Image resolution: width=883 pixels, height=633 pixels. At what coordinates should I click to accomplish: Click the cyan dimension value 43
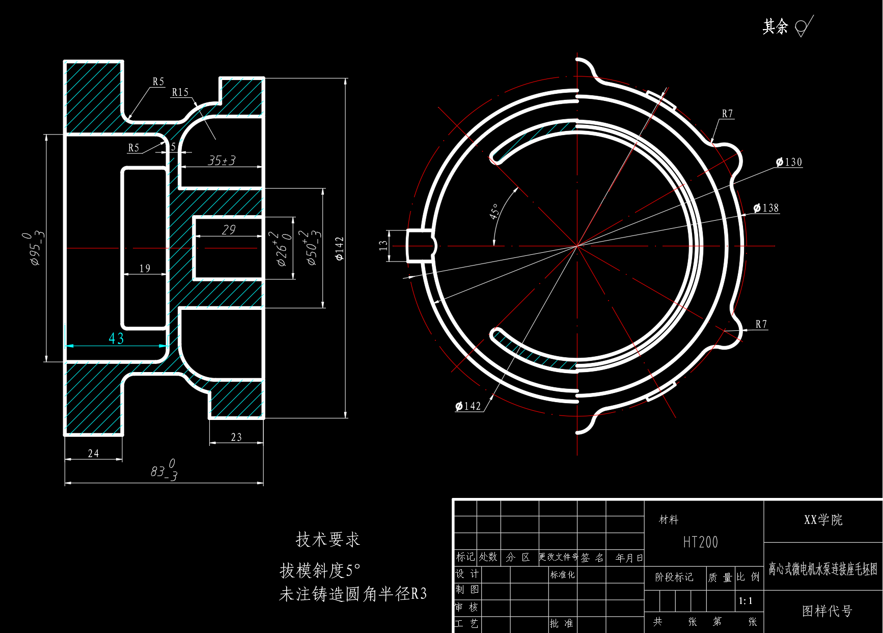[x=116, y=338]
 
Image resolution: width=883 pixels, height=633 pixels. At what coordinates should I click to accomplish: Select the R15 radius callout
[x=180, y=92]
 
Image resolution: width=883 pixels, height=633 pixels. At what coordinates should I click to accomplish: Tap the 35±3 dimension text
[x=222, y=161]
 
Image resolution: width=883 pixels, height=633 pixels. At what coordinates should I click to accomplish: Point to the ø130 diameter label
[x=789, y=162]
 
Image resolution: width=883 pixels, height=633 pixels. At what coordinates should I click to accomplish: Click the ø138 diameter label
[x=766, y=208]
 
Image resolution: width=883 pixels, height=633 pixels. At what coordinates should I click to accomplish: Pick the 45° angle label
[x=494, y=212]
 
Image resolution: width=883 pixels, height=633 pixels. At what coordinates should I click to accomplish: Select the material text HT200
[x=700, y=542]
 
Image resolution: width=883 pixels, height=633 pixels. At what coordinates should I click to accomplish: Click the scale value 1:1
[x=746, y=601]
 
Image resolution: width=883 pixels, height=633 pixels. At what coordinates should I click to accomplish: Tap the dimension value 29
[x=229, y=230]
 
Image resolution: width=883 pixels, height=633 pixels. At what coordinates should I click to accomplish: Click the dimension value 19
[x=145, y=268]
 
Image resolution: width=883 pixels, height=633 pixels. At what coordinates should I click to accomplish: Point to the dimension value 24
[x=93, y=453]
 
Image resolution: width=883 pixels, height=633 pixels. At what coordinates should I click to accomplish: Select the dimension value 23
[x=236, y=437]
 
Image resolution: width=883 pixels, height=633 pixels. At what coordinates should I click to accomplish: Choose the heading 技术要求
[x=328, y=539]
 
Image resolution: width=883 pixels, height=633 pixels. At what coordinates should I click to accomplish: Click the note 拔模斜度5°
[x=320, y=570]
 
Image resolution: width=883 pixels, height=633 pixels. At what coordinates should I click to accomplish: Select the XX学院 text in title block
[x=823, y=520]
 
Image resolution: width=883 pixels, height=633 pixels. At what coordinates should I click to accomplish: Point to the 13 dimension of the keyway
[x=383, y=245]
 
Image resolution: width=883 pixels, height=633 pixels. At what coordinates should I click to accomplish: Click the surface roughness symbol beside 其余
[x=804, y=26]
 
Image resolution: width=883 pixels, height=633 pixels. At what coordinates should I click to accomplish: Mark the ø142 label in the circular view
[x=468, y=406]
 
